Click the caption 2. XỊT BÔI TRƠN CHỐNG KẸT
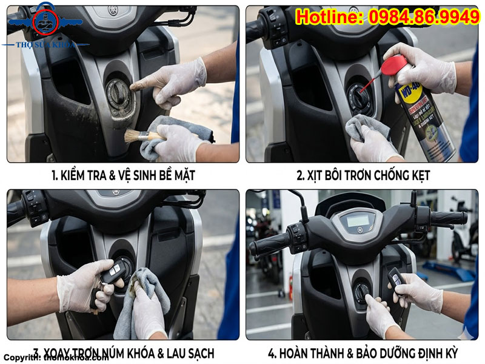coord(363,176)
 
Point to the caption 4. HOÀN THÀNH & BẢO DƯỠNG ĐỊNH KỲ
coord(363,352)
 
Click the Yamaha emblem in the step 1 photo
coord(113,11)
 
